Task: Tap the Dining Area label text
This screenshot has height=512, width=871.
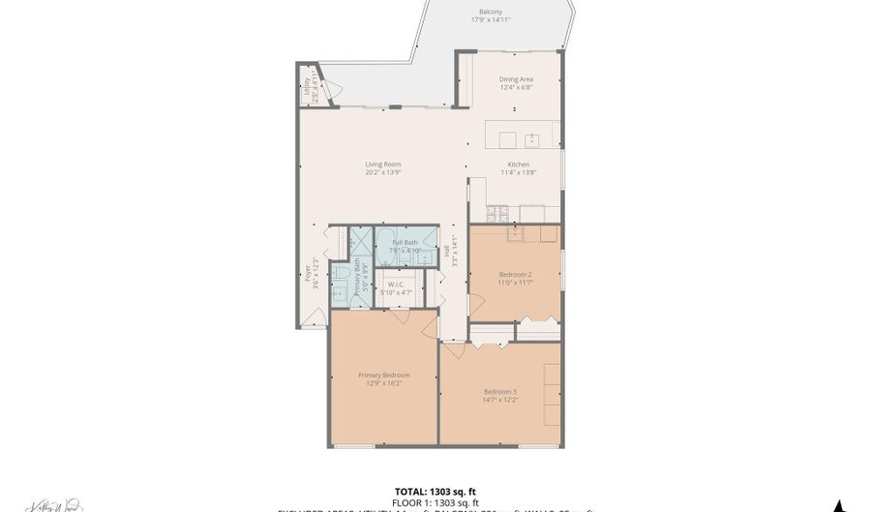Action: [516, 79]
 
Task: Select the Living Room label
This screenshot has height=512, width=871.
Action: [383, 165]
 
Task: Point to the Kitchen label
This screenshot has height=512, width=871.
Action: [518, 165]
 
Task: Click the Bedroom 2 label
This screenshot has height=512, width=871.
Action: [516, 274]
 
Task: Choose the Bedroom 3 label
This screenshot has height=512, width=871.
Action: [500, 391]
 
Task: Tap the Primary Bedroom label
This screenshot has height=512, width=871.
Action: [383, 375]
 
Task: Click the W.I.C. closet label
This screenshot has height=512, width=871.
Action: [394, 285]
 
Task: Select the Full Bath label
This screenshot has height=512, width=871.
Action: [405, 243]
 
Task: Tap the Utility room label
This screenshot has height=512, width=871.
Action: [306, 85]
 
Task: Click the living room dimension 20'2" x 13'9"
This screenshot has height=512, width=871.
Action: [383, 172]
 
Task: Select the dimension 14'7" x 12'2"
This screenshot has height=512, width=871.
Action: [500, 399]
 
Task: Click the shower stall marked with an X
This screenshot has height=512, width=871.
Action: [361, 241]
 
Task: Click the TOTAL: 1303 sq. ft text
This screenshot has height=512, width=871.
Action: [435, 491]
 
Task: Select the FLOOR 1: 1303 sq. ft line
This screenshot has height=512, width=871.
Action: [435, 502]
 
